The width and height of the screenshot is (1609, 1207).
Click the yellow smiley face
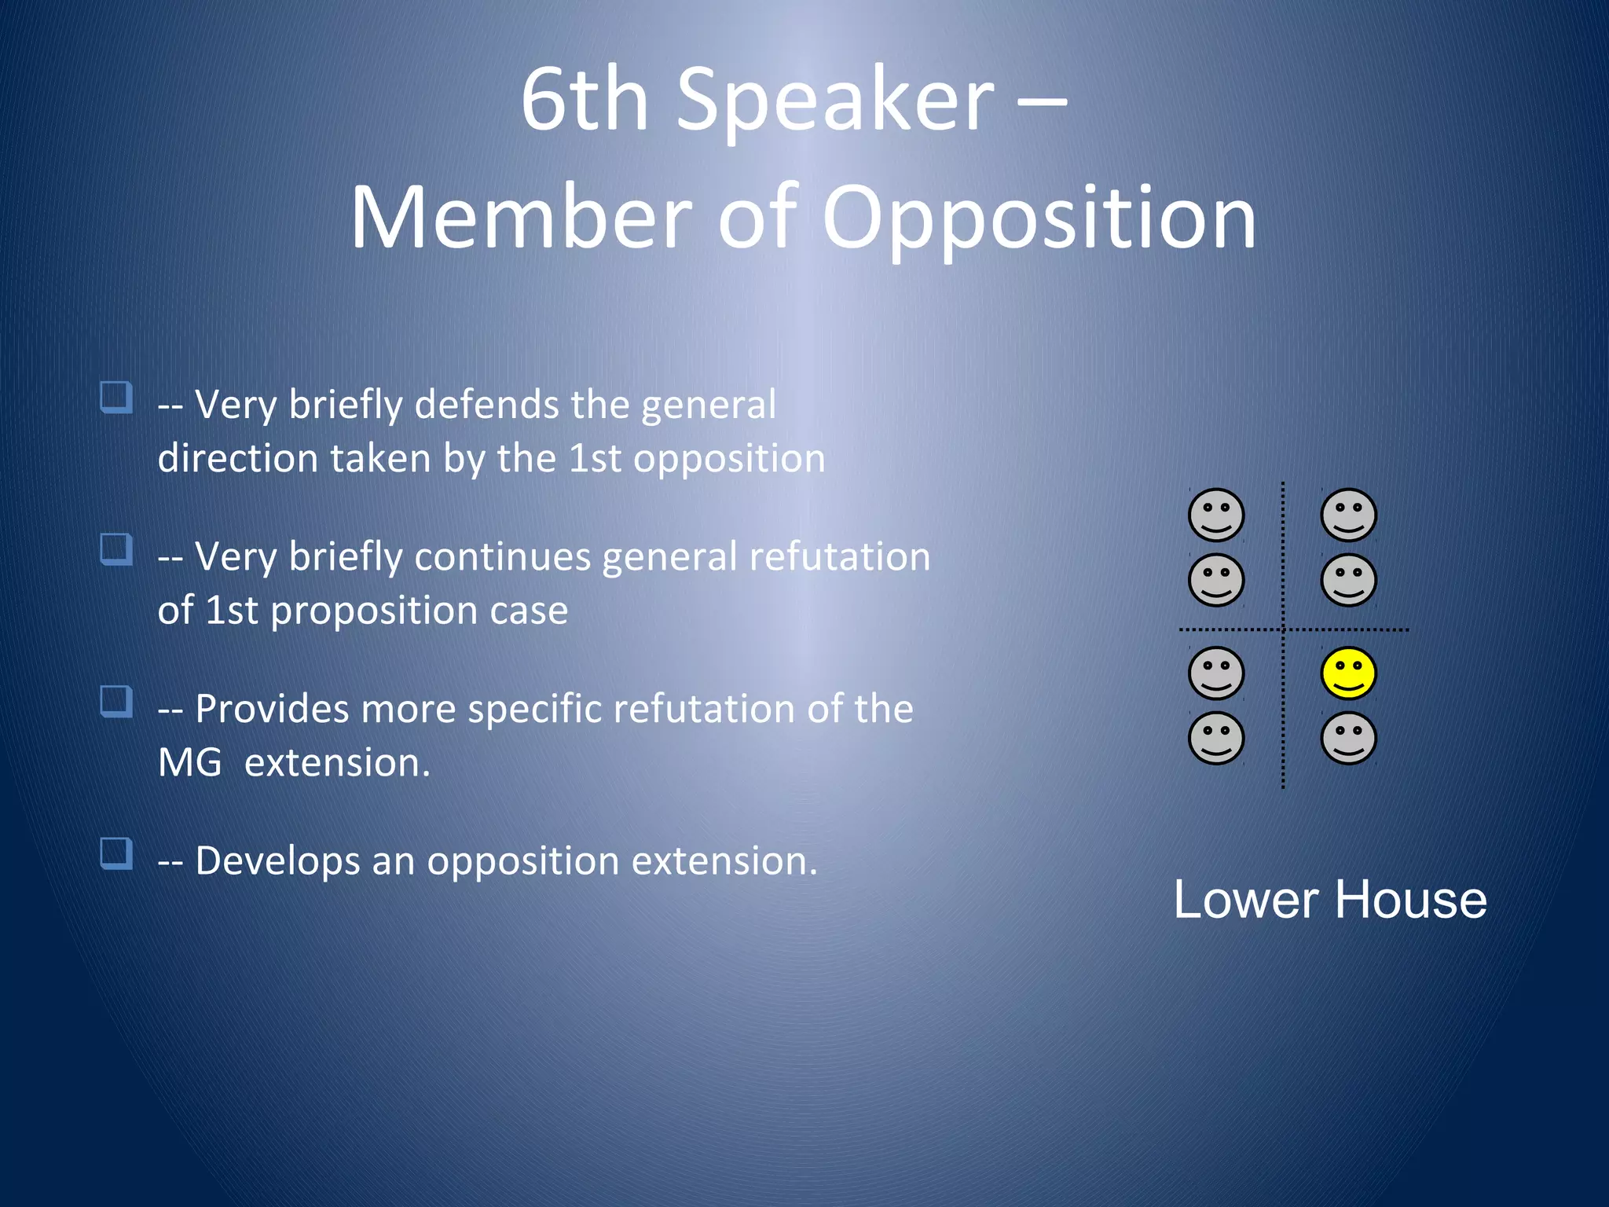pos(1348,673)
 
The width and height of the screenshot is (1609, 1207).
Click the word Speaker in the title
pos(835,101)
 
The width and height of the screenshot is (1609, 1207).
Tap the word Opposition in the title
pos(1039,218)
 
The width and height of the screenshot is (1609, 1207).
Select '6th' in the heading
pos(585,101)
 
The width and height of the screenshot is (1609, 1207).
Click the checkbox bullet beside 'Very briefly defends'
pos(116,398)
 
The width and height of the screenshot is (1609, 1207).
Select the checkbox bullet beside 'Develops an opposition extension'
pos(116,853)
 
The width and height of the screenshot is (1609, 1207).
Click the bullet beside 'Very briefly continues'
pos(116,549)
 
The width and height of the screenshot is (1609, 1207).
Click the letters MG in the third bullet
pos(189,763)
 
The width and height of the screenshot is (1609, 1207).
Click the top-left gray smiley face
pos(1215,515)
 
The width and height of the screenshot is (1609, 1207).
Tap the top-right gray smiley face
pos(1348,515)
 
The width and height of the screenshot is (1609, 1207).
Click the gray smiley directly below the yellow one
pos(1348,739)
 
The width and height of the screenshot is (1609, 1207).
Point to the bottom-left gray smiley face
pos(1215,739)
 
